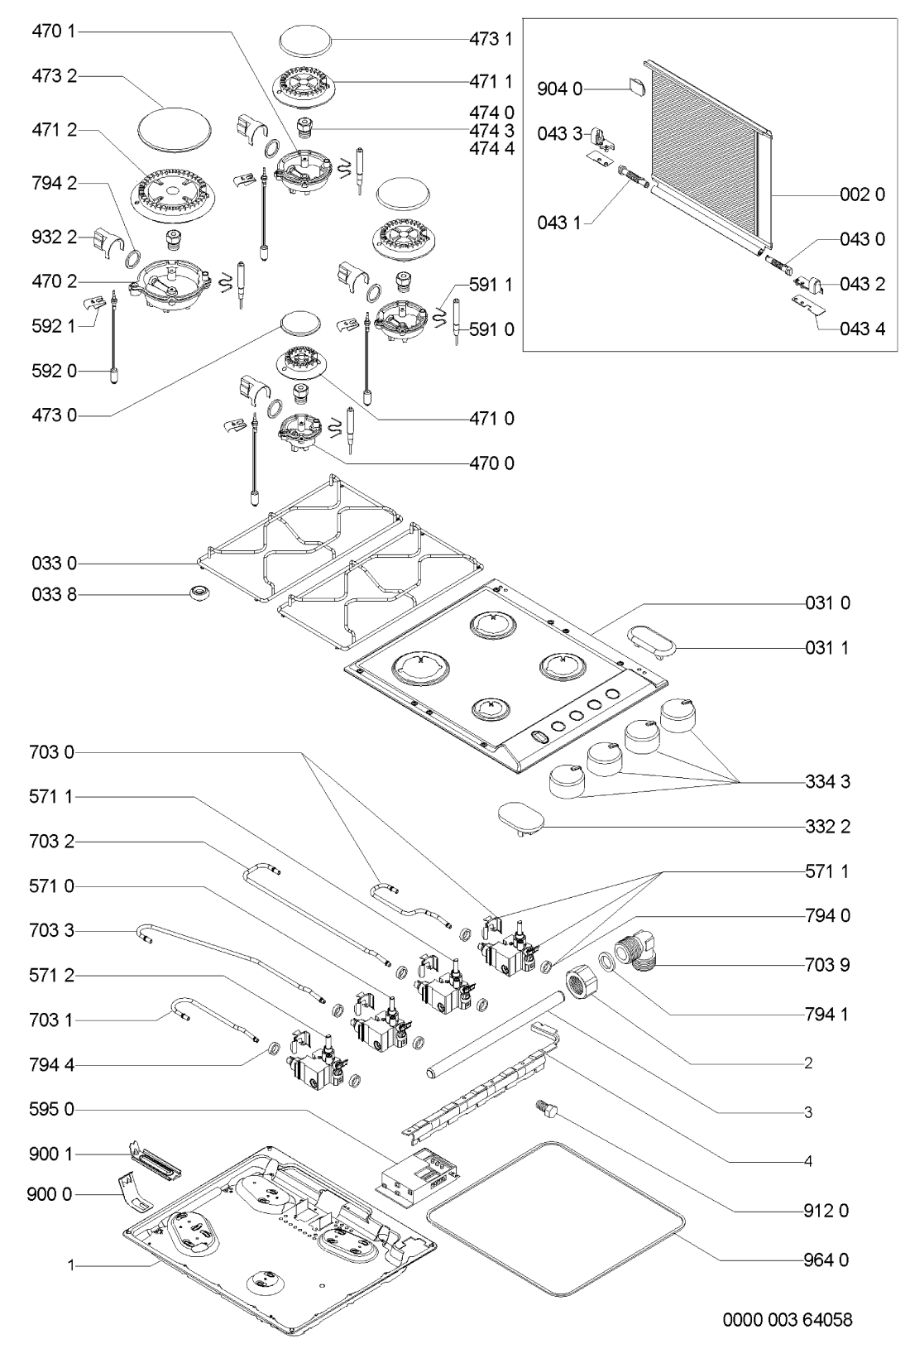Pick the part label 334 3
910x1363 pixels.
pos(827,781)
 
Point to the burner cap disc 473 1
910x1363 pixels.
pos(304,40)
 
